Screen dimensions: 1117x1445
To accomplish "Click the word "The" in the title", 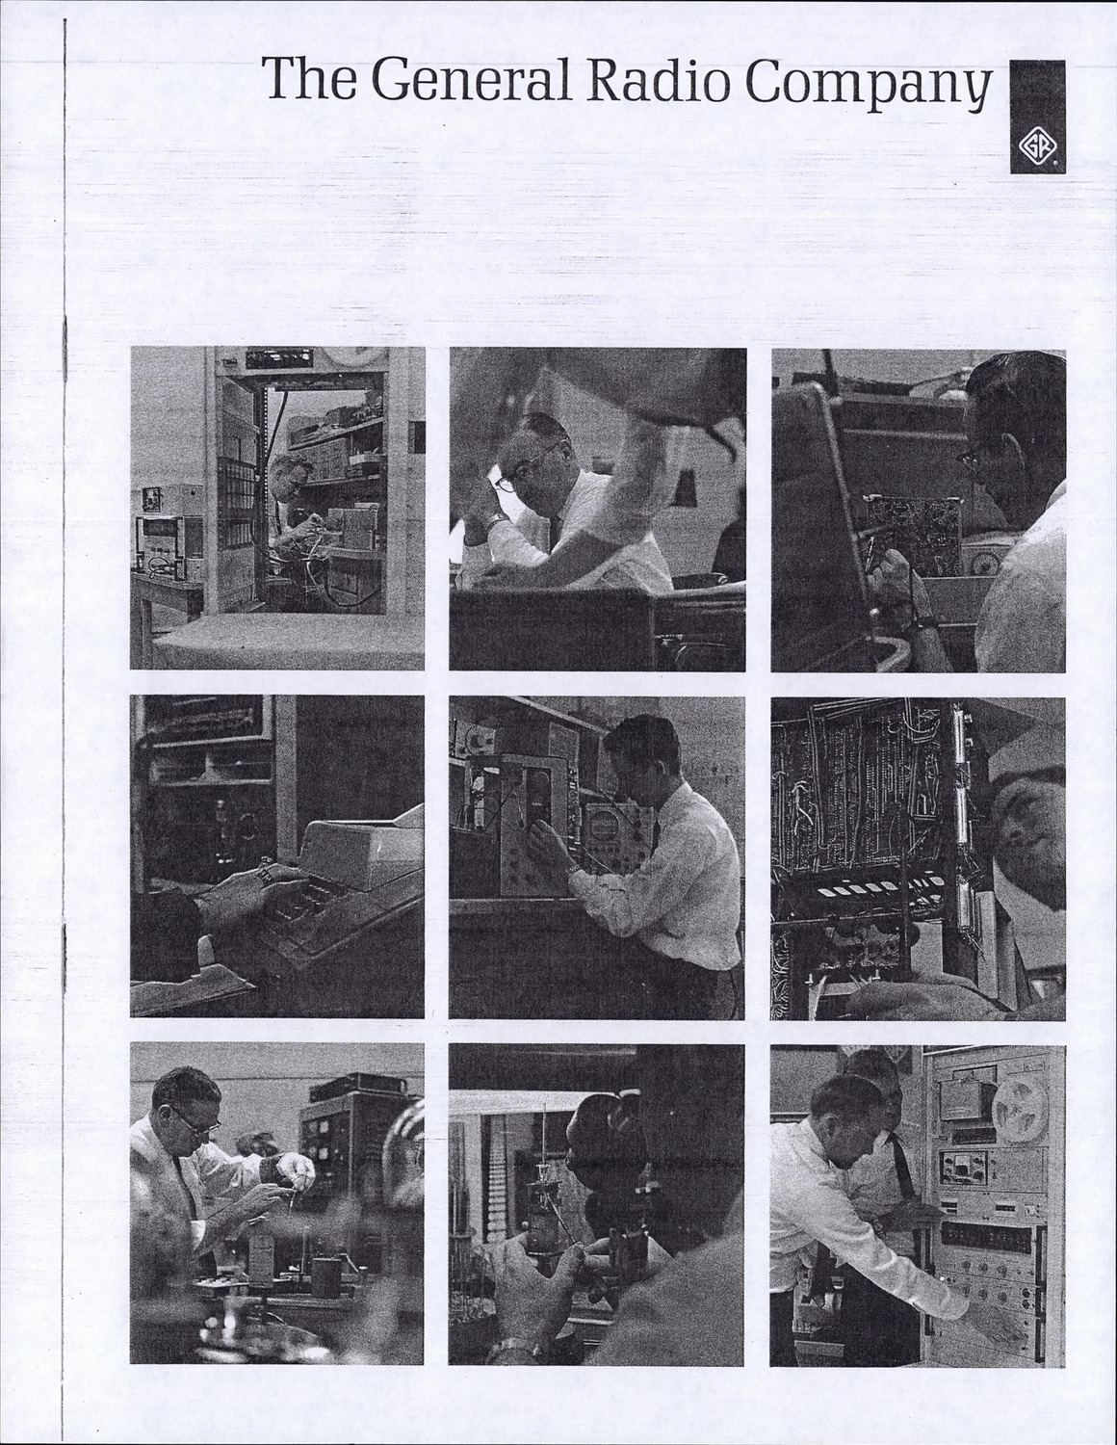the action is tap(308, 78).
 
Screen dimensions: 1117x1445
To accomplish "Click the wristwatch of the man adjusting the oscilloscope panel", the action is tap(571, 869).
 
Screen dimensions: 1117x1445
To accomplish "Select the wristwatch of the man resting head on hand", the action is tap(495, 521).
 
